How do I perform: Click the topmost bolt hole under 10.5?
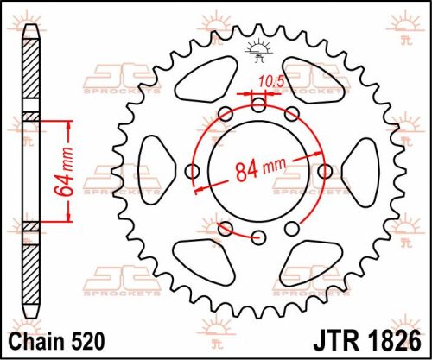[x=258, y=103]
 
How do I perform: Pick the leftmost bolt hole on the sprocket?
[x=193, y=170]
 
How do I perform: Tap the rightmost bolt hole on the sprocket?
[x=324, y=170]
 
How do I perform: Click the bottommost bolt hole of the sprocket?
[x=226, y=229]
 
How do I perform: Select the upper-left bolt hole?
[x=226, y=113]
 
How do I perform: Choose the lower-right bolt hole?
[x=291, y=228]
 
